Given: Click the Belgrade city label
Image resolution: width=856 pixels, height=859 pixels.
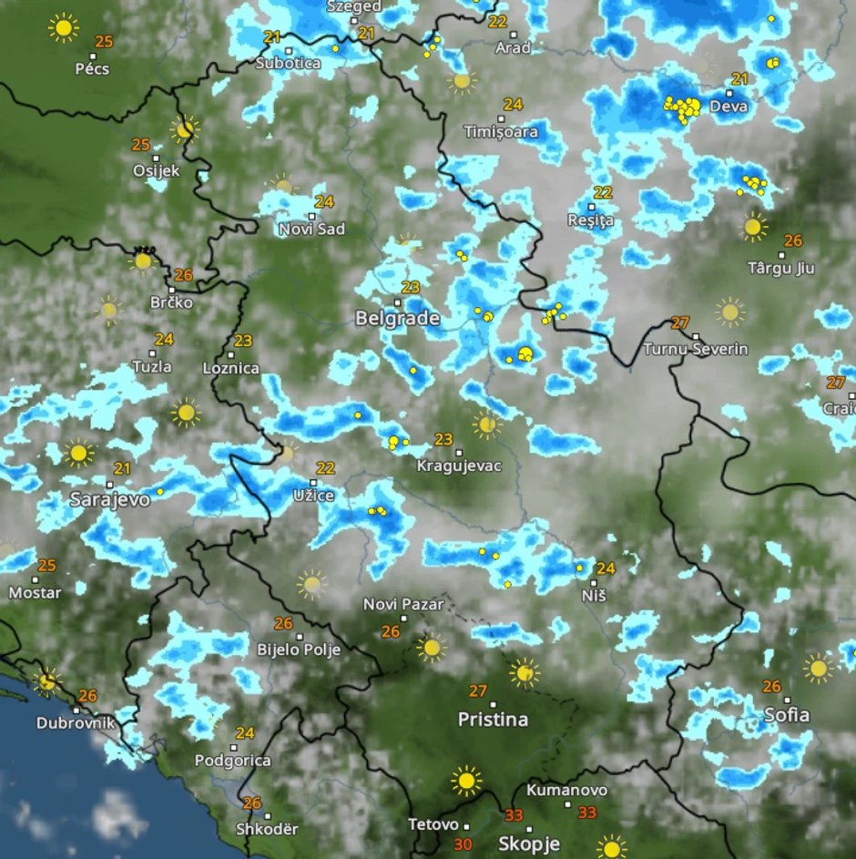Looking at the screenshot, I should [397, 319].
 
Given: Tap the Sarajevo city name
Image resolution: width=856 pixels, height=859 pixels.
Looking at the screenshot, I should [110, 500].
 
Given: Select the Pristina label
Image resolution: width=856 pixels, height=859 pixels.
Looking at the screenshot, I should [493, 720].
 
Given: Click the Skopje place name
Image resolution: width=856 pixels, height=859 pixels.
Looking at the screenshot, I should [528, 844].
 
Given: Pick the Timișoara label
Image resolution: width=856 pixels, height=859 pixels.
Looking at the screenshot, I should [501, 132].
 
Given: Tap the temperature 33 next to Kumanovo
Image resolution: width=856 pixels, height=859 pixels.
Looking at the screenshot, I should [587, 813].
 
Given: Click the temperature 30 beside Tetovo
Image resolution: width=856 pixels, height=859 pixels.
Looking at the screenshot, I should [463, 844].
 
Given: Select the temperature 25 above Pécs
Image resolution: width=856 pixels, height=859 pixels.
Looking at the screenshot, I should [104, 42].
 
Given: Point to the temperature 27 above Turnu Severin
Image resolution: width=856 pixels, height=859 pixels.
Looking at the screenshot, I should [679, 322].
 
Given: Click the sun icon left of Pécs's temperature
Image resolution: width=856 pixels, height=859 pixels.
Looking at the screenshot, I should [63, 28].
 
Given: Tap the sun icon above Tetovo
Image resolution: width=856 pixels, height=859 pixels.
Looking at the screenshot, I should [466, 781].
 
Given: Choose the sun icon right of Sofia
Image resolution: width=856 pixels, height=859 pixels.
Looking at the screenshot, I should [818, 668].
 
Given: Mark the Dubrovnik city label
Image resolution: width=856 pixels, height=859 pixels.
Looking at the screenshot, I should [76, 723].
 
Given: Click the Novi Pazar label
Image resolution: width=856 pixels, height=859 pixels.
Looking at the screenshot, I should [403, 604].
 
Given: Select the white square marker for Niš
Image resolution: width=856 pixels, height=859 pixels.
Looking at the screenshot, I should [593, 583].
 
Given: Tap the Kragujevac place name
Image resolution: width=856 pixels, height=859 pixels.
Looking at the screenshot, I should [459, 466].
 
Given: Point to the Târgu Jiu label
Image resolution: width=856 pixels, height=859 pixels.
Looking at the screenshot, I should [780, 269].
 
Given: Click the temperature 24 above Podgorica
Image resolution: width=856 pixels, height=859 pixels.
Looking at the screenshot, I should [245, 733].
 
